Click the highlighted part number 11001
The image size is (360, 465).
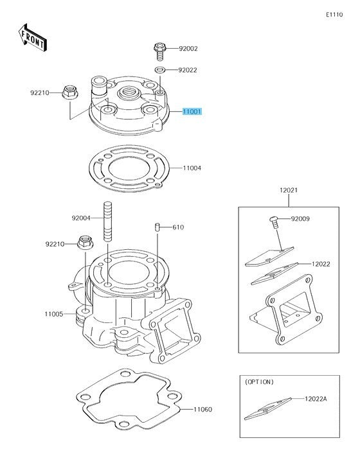(x=192, y=112)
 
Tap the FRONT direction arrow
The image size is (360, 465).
(x=33, y=38)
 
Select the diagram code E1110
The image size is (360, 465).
(x=334, y=15)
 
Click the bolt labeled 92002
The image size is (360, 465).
(x=159, y=51)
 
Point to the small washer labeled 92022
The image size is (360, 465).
(x=159, y=70)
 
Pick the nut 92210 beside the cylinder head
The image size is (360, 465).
(x=70, y=92)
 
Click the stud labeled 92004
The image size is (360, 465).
(x=107, y=221)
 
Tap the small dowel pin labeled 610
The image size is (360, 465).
(x=157, y=227)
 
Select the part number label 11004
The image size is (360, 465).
(x=192, y=168)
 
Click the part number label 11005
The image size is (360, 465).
(x=54, y=314)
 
